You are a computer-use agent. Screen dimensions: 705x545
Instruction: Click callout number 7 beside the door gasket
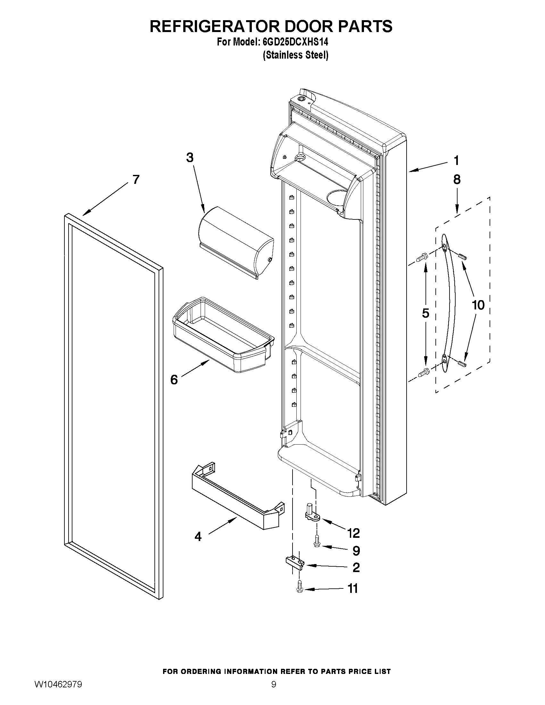click(136, 179)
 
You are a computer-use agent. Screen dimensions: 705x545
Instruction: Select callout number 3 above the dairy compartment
click(190, 158)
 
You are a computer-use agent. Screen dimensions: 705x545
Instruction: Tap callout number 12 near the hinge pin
click(353, 533)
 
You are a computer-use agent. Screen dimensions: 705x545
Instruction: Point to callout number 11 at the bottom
click(353, 588)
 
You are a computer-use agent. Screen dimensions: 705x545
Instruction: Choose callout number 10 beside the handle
click(478, 305)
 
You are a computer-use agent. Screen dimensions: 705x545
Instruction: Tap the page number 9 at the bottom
click(274, 693)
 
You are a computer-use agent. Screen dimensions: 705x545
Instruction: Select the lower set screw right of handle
click(462, 364)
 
